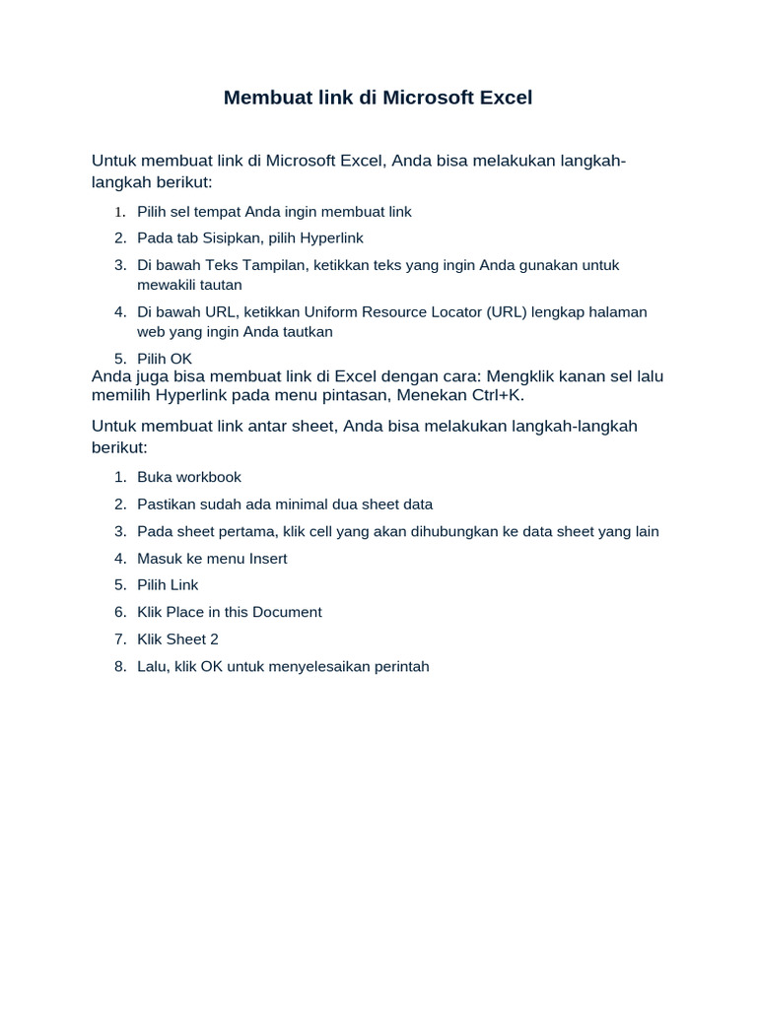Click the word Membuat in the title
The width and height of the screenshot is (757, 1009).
[x=265, y=98]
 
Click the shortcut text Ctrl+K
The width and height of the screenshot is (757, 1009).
[x=494, y=395]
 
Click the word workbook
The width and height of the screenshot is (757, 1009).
[x=207, y=477]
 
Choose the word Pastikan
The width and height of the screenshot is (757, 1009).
[x=168, y=504]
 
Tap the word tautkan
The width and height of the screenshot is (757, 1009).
[x=308, y=331]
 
